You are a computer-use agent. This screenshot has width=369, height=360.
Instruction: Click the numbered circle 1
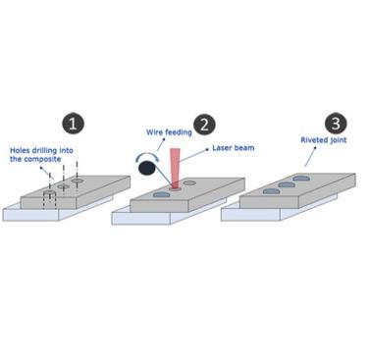pyautogui.click(x=73, y=124)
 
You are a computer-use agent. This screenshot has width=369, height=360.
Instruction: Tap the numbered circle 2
pyautogui.click(x=204, y=124)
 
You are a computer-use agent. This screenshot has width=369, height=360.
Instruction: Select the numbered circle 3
pyautogui.click(x=335, y=124)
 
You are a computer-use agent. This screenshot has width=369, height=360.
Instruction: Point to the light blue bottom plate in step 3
pyautogui.click(x=245, y=213)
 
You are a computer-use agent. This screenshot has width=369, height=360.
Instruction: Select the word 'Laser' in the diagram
pyautogui.click(x=220, y=150)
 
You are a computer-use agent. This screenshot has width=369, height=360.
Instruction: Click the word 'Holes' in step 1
pyautogui.click(x=21, y=150)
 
